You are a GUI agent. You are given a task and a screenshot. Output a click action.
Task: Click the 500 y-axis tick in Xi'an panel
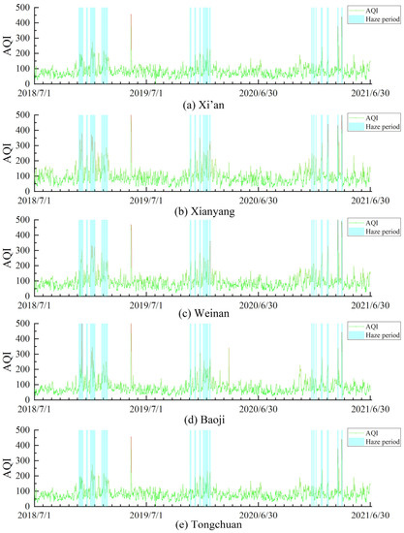pos(23,9)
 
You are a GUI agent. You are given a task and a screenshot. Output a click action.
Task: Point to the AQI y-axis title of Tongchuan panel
pos(8,465)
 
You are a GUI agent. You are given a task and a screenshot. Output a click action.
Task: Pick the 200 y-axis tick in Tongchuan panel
pos(23,471)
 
